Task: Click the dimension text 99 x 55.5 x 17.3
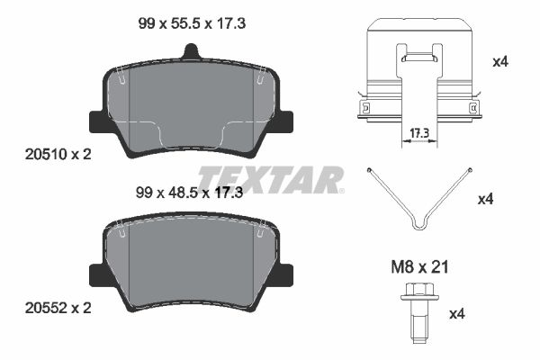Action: click(x=192, y=23)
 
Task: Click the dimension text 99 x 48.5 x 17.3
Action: click(x=189, y=193)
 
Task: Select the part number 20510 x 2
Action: click(x=58, y=154)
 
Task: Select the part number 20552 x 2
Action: click(x=58, y=308)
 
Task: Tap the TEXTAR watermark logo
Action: click(x=271, y=179)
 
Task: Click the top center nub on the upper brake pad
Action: click(x=191, y=51)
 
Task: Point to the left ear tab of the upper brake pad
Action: click(x=99, y=121)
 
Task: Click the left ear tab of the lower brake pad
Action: click(x=99, y=274)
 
